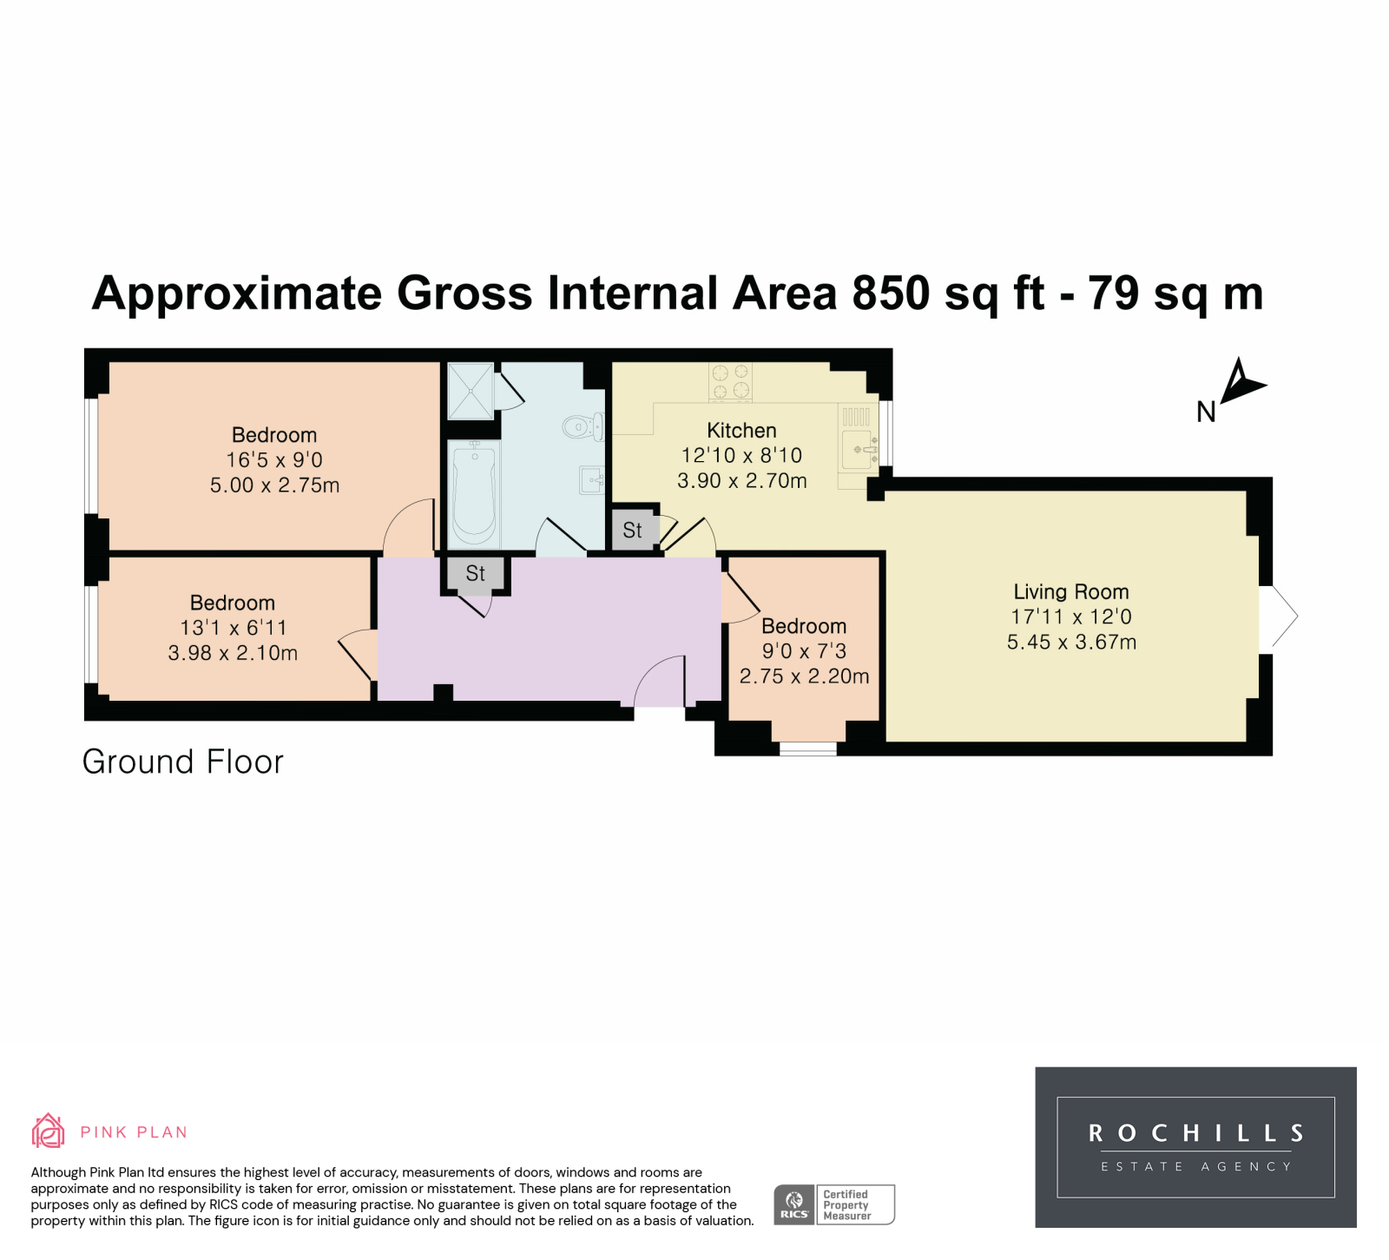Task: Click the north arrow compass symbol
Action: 1241,385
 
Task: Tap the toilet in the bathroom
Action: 583,426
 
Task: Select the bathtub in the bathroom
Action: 474,491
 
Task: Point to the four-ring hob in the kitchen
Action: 730,382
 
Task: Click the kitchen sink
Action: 859,448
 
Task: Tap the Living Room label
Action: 1071,592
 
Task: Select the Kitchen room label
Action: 741,431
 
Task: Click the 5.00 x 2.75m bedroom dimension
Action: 274,485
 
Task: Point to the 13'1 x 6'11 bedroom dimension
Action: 233,628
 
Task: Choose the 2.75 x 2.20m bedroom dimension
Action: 804,676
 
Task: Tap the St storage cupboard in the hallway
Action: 475,574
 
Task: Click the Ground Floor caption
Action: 183,762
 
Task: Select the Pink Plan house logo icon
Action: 48,1131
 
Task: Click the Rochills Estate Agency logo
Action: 1195,1147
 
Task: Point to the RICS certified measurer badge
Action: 833,1204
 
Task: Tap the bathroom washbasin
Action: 592,478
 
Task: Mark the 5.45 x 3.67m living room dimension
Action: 1071,643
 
